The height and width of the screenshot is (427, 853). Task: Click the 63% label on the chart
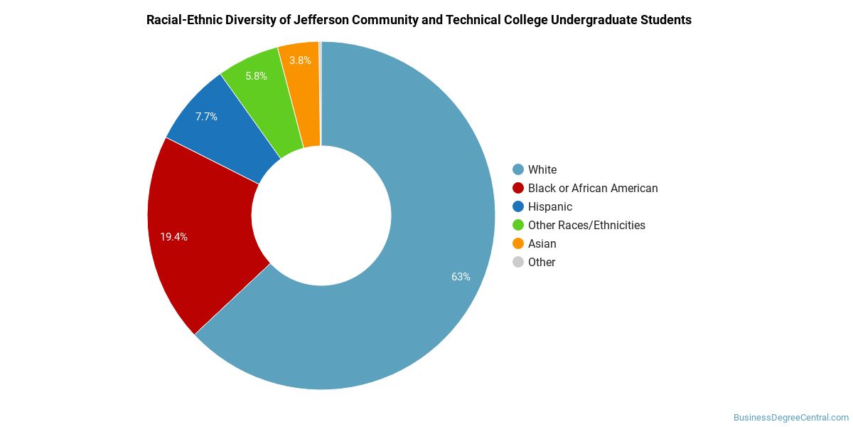[461, 277]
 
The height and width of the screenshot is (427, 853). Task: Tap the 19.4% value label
[173, 237]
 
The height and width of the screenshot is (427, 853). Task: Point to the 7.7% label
[206, 117]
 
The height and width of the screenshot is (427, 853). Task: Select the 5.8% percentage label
[256, 76]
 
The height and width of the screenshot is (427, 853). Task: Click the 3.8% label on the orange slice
[300, 60]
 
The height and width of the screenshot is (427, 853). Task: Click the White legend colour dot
[518, 169]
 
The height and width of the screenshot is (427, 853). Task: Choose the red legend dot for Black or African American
[518, 188]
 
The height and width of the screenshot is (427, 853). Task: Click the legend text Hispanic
[550, 206]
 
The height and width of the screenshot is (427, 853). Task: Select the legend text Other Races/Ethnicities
[586, 226]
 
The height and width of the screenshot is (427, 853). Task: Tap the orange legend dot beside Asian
[518, 243]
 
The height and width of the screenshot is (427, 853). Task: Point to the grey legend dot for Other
[518, 263]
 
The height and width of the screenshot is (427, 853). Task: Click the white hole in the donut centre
[321, 216]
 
